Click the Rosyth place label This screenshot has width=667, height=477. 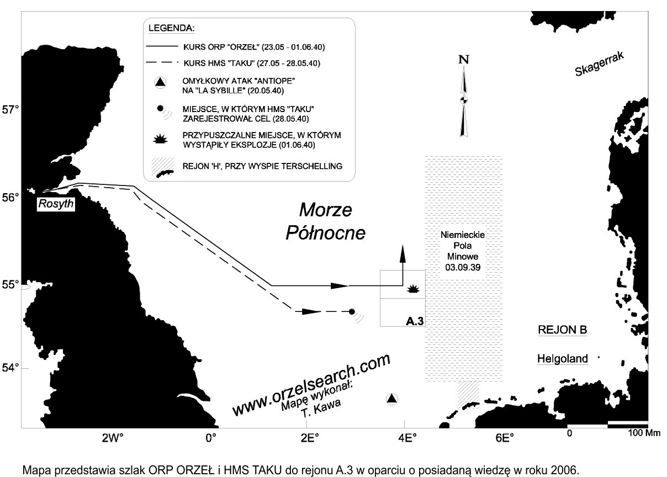coord(56,204)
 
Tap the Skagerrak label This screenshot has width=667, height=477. coord(600,64)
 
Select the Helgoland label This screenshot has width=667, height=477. coord(563,358)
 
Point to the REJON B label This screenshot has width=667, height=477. coord(563,330)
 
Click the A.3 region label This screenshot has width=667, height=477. coord(415,321)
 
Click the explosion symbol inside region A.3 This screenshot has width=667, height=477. coord(413,289)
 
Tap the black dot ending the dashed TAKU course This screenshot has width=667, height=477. coord(352,312)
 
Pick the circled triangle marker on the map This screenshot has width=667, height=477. coord(392,399)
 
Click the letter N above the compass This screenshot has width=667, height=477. coord(464,60)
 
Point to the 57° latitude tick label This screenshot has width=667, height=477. coord(10,110)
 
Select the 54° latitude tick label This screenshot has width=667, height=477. coord(10,368)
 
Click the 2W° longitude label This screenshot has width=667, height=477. coord(113,438)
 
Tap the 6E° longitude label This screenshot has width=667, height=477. coord(505,438)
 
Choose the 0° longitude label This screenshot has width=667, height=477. coord(211,438)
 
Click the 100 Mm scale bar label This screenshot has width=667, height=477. coord(644,433)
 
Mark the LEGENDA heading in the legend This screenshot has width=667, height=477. coord(172,28)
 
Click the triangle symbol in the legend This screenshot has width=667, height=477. coord(161,82)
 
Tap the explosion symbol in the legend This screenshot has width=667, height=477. coord(160,139)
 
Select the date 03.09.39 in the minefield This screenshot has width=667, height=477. coord(463,267)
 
